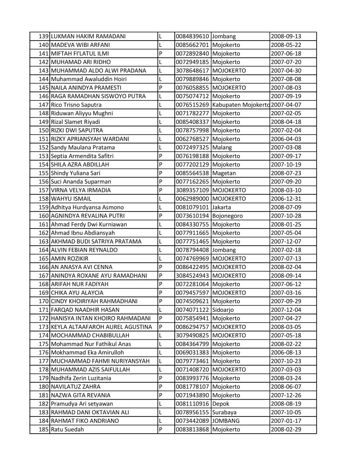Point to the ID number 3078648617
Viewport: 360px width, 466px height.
tap(193, 71)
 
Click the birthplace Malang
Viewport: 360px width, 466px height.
tap(223, 147)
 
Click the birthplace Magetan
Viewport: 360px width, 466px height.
tap(225, 173)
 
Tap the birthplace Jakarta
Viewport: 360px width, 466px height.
tap(223, 207)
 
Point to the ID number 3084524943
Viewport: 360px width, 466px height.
tap(193, 275)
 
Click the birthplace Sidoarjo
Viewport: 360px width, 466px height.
tap(225, 309)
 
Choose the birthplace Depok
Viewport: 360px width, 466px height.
tap(222, 404)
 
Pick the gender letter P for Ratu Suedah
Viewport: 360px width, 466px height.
tap(161, 429)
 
